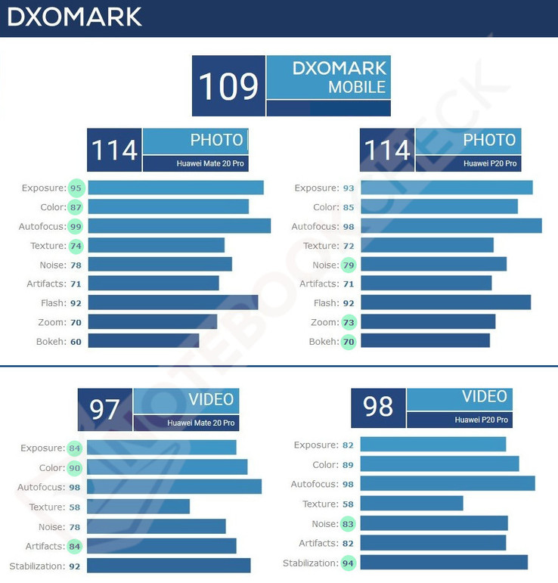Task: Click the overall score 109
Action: (x=228, y=85)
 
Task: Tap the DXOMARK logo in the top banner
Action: (x=74, y=17)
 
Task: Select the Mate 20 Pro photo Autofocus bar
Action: (x=179, y=226)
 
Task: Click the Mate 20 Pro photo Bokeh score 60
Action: (x=76, y=341)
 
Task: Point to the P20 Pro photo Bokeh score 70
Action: (x=349, y=341)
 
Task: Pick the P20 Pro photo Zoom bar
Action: (x=428, y=322)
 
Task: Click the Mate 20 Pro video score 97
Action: (x=105, y=409)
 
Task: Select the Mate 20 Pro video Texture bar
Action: (x=138, y=507)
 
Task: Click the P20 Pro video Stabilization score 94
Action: (x=349, y=563)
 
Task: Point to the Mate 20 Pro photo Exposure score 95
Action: (x=76, y=188)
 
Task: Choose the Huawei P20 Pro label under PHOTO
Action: (x=490, y=163)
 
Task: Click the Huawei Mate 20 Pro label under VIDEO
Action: (x=200, y=423)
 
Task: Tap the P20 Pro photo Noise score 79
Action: (x=349, y=265)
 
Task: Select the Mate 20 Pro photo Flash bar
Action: (x=173, y=302)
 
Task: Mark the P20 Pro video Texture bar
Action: (x=412, y=504)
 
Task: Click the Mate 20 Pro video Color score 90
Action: (x=74, y=468)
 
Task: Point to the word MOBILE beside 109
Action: (x=357, y=87)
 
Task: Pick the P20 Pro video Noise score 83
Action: (x=349, y=523)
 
